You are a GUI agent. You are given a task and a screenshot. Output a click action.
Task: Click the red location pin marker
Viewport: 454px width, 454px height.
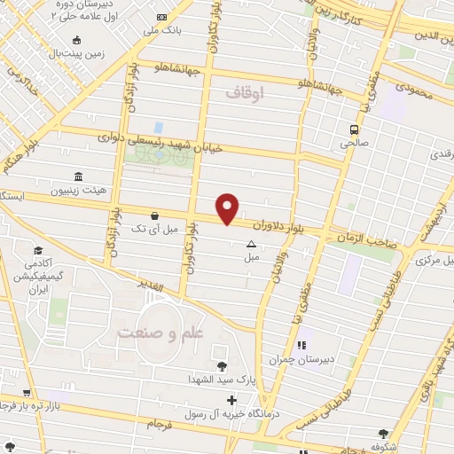tap(228, 207)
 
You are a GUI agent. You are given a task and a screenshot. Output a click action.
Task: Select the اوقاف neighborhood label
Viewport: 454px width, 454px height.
tap(246, 92)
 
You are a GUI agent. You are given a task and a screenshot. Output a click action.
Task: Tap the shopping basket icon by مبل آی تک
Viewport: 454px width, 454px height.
tap(156, 215)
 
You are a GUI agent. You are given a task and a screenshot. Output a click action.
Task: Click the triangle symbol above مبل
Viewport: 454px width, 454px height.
tap(251, 244)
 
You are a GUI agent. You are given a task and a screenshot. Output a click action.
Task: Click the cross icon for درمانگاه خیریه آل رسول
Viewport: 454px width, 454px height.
tap(232, 400)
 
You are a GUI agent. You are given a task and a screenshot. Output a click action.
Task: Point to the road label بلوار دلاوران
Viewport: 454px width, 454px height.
tap(290, 230)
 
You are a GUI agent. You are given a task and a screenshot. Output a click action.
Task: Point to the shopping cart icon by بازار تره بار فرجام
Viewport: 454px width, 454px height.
tap(27, 392)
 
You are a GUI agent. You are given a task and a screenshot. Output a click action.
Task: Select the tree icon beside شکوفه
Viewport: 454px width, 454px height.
tap(383, 434)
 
